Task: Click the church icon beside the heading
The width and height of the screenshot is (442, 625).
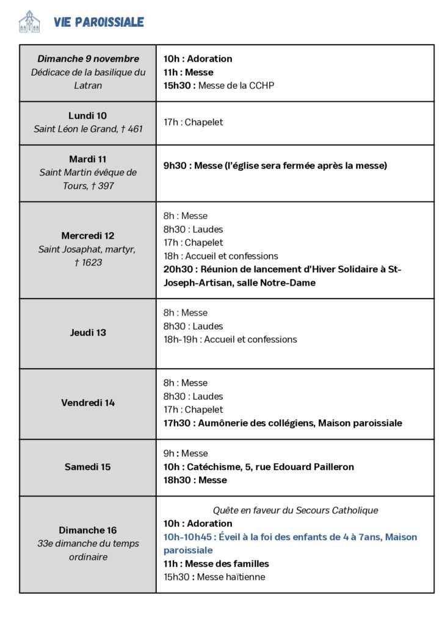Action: click(29, 21)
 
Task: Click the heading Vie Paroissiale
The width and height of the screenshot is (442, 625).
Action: click(98, 23)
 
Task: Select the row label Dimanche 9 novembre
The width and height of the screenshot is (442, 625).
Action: click(88, 59)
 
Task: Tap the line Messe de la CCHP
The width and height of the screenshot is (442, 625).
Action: click(219, 85)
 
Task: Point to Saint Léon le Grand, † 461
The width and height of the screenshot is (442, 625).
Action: click(88, 129)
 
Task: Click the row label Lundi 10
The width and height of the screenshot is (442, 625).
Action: click(88, 115)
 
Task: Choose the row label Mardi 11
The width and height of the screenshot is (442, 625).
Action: click(88, 159)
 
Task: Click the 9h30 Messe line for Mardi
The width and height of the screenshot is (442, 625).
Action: click(275, 165)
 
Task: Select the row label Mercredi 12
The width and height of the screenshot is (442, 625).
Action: click(88, 236)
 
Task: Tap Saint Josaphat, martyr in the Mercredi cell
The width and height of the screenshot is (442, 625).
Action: click(87, 249)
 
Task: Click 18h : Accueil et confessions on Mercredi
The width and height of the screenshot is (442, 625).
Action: click(220, 256)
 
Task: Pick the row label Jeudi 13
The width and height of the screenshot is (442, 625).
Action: click(88, 333)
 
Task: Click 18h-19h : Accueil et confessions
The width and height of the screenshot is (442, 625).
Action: click(230, 339)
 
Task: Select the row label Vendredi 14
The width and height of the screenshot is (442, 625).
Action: click(88, 403)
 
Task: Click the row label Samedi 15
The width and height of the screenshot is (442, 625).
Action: click(88, 467)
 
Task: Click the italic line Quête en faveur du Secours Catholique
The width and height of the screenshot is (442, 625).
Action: click(295, 510)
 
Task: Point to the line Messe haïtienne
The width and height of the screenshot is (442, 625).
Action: click(214, 577)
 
